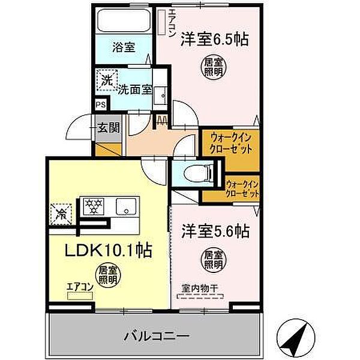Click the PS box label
(100, 104)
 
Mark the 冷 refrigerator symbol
(62, 211)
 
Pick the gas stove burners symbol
(94, 206)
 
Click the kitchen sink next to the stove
(126, 206)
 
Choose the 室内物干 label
(200, 286)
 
